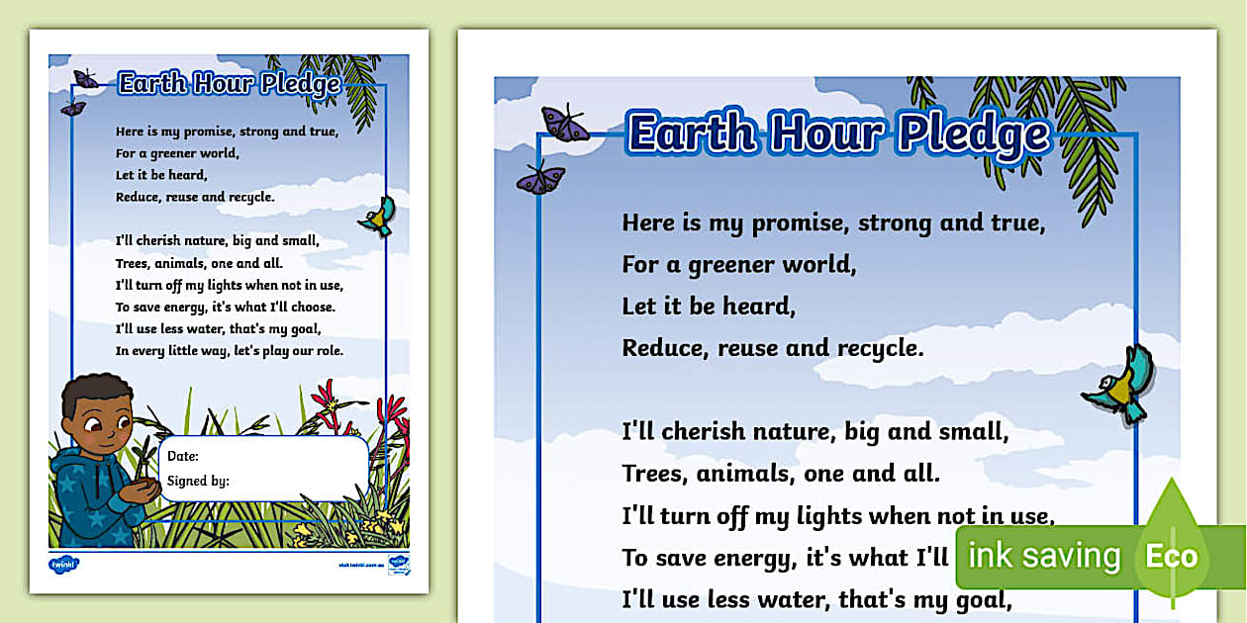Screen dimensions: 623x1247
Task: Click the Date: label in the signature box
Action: click(x=183, y=456)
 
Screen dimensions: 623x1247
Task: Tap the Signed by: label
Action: click(x=198, y=482)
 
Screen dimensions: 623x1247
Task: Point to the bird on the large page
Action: click(x=1117, y=385)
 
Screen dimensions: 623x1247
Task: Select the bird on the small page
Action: click(x=377, y=217)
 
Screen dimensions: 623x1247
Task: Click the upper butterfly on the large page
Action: click(x=565, y=124)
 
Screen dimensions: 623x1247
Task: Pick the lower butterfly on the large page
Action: click(x=541, y=179)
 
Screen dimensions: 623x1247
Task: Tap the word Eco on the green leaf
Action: click(x=1172, y=556)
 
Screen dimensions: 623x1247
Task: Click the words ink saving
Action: click(x=1043, y=556)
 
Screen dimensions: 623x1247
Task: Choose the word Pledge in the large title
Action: click(x=973, y=134)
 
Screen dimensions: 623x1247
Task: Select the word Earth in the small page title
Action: click(x=148, y=83)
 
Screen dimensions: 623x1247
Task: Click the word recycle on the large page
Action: click(x=872, y=348)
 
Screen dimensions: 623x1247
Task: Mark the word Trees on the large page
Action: click(x=655, y=474)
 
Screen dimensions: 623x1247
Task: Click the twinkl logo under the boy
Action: click(x=63, y=564)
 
